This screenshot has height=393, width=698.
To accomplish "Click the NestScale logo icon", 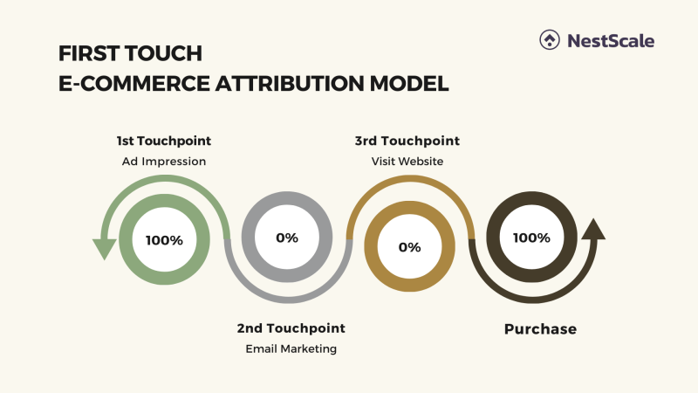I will (550, 40).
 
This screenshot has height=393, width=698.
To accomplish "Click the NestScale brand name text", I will (611, 40).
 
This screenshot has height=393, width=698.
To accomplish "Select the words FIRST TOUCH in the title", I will (130, 54).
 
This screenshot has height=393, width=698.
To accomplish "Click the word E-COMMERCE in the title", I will (121, 84).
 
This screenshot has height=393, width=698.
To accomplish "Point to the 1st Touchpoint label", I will (164, 141).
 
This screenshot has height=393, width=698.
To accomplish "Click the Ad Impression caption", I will (164, 161).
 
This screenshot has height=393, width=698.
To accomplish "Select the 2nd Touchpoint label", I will (291, 328).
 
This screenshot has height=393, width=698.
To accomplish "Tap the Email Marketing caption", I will (291, 348).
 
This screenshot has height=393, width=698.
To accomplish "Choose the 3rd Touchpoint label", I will (407, 141).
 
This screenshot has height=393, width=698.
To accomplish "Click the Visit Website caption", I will (407, 161).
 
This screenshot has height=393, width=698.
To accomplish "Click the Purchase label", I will (540, 329).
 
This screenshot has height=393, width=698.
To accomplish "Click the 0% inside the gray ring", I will (286, 238).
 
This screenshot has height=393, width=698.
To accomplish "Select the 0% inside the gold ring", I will (409, 246).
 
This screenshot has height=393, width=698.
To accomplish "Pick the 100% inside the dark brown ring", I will (531, 238).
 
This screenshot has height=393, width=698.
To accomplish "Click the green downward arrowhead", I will (105, 248).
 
